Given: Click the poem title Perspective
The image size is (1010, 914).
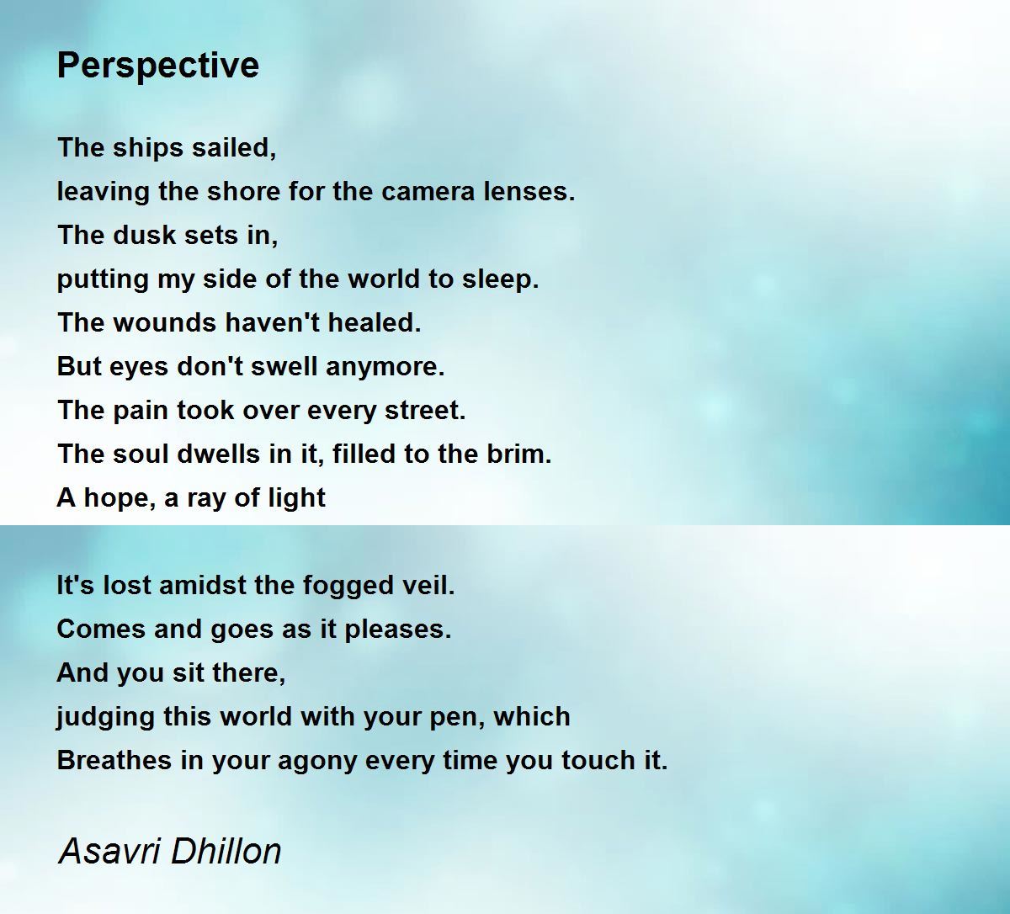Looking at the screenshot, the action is click(158, 66).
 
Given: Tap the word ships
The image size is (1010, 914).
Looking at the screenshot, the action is click(147, 149).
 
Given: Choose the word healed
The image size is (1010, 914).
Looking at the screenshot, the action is click(374, 322).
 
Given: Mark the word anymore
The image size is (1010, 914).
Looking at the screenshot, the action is click(385, 368).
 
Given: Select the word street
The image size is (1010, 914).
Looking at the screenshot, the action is click(425, 411).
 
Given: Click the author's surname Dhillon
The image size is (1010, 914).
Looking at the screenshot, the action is click(226, 852).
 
